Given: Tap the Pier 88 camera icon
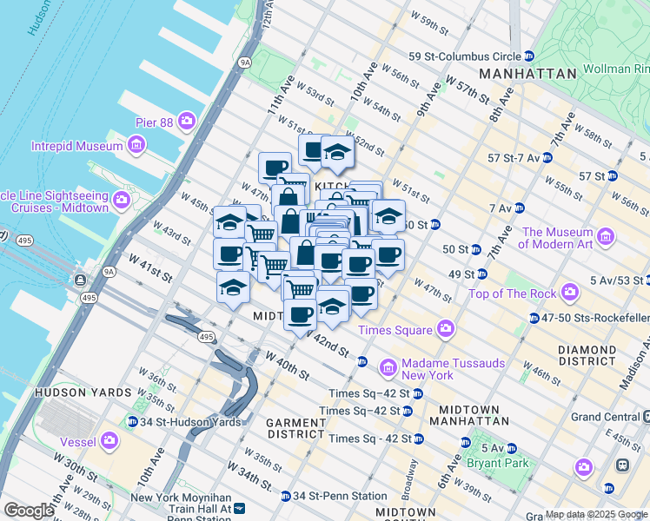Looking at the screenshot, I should click(187, 122).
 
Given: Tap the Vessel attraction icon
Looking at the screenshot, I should click(110, 440).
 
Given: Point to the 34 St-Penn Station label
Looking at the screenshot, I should click(340, 496).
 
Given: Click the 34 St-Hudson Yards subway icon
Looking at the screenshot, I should click(132, 422).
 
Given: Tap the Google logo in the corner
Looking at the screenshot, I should click(29, 511).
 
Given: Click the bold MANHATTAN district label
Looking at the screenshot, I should click(527, 74).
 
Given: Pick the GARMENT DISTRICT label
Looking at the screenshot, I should click(295, 427).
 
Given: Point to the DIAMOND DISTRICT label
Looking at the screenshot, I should click(587, 354).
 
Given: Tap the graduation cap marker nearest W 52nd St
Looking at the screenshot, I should click(336, 153).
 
